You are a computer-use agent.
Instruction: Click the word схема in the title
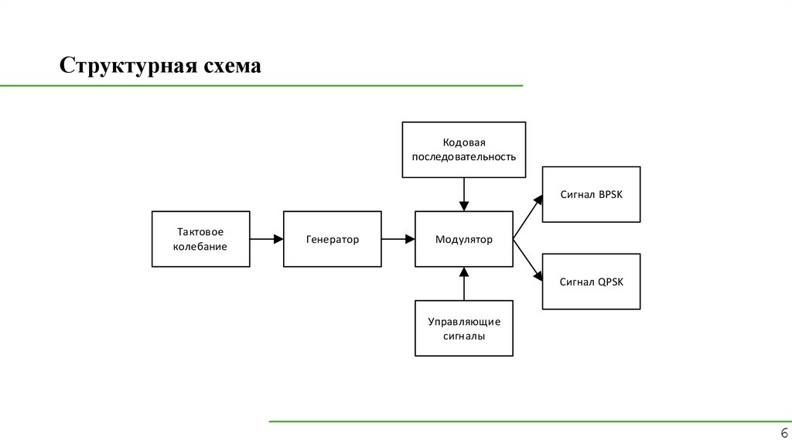coord(230,67)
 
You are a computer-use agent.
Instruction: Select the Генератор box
coord(333,240)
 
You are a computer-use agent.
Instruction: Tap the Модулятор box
coord(464,240)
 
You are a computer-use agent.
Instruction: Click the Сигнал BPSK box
coord(591,195)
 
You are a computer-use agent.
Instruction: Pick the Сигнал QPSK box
coord(591,282)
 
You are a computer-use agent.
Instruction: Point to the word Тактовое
coord(200,232)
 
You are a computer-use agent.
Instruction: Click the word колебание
coord(200,247)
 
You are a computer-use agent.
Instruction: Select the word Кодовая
coord(464,142)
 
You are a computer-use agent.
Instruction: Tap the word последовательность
coord(464,157)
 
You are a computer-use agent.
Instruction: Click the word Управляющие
coord(464,321)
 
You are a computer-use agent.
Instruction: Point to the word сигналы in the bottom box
coord(464,336)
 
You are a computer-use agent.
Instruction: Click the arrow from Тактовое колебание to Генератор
coord(267,240)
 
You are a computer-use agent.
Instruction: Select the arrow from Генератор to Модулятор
coord(398,240)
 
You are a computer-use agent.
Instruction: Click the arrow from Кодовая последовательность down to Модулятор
coord(464,194)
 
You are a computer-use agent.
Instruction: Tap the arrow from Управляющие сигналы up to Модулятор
coord(464,284)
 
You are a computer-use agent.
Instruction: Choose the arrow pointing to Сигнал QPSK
coord(528,261)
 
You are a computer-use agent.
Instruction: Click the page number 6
coord(783,433)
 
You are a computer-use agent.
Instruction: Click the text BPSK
coord(609,195)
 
